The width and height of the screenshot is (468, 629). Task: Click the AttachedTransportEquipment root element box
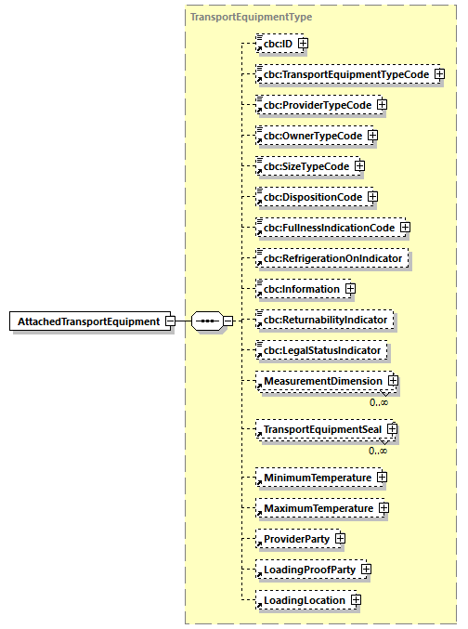pos(87,321)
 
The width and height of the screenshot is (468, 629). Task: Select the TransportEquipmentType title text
pos(251,17)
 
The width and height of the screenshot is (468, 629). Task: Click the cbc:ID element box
pos(276,44)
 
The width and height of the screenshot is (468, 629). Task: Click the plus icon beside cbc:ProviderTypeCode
pos(382,105)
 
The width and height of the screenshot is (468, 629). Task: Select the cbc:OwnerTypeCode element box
pos(310,136)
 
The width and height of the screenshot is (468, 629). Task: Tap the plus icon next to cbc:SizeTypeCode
pos(359,166)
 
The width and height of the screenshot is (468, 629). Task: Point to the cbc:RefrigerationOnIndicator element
pos(333,258)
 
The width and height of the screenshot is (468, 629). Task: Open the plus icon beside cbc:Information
pos(350,289)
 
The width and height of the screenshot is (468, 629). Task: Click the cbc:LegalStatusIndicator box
pos(321,351)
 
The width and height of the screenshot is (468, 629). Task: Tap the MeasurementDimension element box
pos(321,381)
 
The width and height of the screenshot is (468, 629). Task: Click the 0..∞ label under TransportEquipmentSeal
pos(378,451)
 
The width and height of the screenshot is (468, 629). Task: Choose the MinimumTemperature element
pos(316,478)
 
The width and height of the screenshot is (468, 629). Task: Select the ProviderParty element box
pos(294,539)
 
